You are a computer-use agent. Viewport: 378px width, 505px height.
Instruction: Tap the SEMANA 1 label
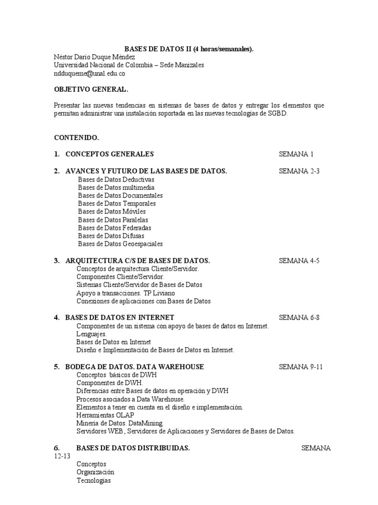click(296, 154)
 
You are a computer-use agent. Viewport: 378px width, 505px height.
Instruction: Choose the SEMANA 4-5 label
click(299, 260)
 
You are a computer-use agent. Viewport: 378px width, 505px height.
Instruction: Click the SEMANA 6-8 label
click(299, 317)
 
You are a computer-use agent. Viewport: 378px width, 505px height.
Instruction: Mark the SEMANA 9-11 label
click(301, 367)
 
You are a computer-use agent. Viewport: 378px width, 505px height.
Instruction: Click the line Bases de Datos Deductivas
click(116, 180)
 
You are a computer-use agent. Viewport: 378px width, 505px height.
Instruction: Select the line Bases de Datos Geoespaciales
click(120, 244)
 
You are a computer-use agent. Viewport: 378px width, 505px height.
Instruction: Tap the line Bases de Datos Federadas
click(115, 228)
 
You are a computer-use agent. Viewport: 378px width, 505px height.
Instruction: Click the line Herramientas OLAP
click(105, 415)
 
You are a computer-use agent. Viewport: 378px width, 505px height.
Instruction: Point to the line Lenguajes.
click(92, 334)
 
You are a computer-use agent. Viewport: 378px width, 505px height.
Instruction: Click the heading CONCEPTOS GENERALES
click(110, 154)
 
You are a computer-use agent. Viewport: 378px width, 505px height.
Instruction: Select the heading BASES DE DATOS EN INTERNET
click(120, 317)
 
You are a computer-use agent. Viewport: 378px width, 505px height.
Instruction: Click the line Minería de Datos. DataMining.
click(120, 423)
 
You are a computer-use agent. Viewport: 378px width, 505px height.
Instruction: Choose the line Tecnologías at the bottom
click(94, 480)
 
